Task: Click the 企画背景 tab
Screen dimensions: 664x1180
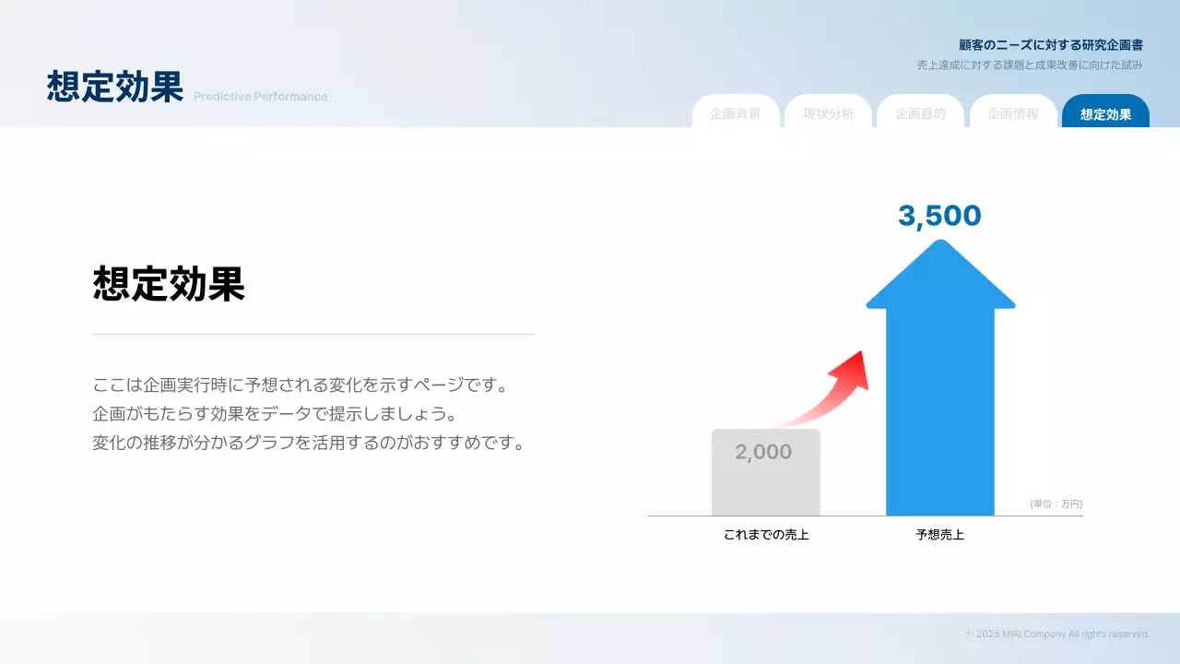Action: tap(736, 114)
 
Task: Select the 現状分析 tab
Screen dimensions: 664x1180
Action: tap(828, 114)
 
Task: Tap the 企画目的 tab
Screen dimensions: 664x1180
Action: tap(920, 114)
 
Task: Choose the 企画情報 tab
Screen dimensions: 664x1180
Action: tap(1013, 114)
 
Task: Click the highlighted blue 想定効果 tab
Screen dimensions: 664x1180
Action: tap(1105, 114)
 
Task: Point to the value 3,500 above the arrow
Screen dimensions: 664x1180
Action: tap(939, 216)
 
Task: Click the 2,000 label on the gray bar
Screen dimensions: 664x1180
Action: tap(763, 452)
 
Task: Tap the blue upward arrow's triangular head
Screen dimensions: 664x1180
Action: tap(940, 277)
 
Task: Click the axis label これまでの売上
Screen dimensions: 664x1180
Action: tap(766, 534)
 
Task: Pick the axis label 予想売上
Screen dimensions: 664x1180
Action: tap(940, 534)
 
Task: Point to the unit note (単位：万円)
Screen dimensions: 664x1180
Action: tap(1056, 504)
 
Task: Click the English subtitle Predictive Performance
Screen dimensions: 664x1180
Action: tap(260, 97)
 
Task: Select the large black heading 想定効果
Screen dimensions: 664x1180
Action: tap(169, 284)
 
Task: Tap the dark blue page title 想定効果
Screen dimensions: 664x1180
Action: tap(115, 87)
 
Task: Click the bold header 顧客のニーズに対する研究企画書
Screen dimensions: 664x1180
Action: tap(1051, 44)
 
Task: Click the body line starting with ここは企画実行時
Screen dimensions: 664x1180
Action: tap(301, 385)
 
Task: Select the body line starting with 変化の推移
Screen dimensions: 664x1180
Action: tap(309, 443)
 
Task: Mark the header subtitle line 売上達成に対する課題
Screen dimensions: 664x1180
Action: tap(1030, 65)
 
